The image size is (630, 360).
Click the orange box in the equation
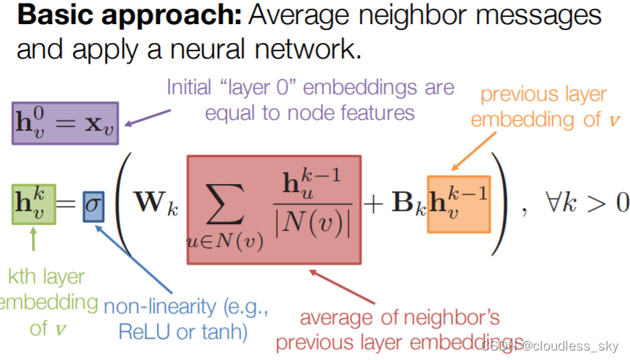click(458, 204)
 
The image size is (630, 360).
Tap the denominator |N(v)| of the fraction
click(313, 223)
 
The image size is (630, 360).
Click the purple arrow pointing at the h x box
click(145, 116)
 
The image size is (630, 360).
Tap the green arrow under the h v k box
click(33, 241)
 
